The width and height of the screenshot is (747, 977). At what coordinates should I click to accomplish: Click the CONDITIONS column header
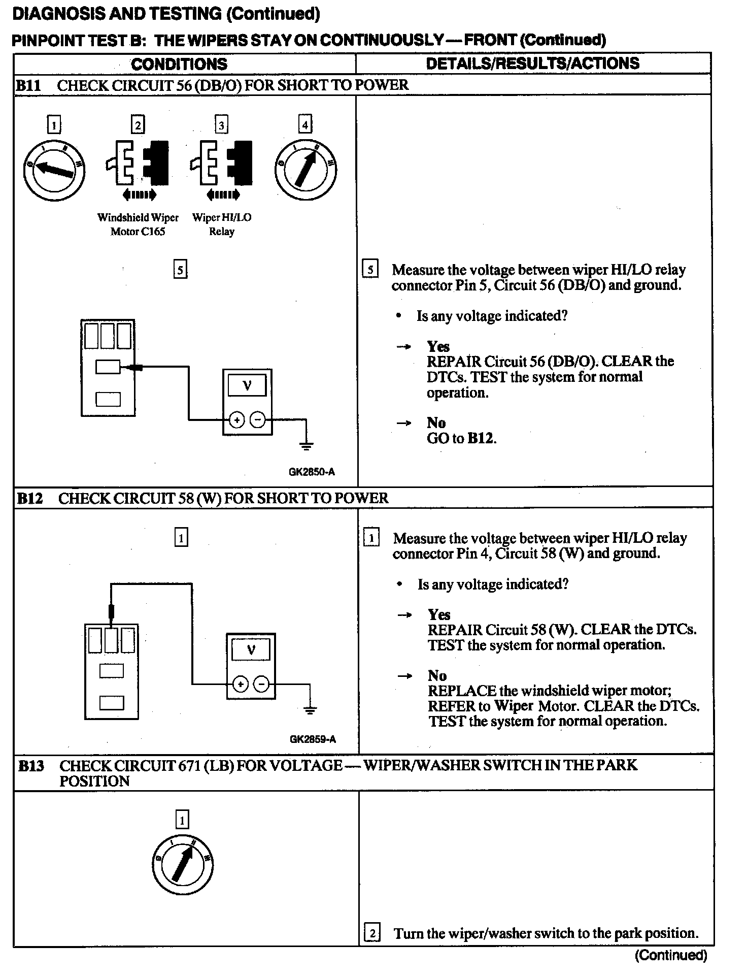[179, 64]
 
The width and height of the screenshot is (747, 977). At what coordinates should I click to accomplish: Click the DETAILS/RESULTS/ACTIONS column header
[532, 63]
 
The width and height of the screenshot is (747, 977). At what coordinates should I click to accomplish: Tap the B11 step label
[28, 85]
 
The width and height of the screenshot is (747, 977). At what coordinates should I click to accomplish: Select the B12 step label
[29, 498]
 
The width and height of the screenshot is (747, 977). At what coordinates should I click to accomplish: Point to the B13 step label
[31, 766]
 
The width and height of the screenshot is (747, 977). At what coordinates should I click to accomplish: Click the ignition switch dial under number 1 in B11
[54, 170]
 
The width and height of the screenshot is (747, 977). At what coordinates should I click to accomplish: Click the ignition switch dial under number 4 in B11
[306, 170]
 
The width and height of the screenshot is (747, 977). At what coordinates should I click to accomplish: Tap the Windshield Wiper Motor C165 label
[138, 224]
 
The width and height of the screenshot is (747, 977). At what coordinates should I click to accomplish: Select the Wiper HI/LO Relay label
[222, 224]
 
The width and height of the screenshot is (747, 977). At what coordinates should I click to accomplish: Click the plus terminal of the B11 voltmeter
[237, 419]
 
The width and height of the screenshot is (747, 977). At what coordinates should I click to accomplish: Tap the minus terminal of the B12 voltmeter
[261, 685]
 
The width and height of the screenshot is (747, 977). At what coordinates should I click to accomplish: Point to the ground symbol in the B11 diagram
[306, 445]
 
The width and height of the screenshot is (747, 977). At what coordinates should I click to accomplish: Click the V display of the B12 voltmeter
[251, 650]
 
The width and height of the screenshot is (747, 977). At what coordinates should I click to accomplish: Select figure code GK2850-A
[312, 472]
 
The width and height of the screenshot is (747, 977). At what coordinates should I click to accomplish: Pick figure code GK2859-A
[313, 739]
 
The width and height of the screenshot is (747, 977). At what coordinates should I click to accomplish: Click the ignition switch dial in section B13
[183, 865]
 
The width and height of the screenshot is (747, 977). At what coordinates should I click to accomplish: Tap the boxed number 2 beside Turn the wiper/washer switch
[372, 933]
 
